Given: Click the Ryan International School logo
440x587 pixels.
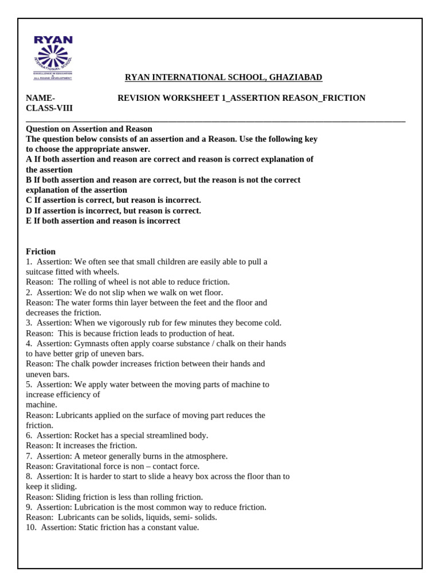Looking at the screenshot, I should click(x=53, y=58).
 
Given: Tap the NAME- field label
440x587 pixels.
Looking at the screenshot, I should click(x=41, y=98).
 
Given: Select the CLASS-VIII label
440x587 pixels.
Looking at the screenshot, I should click(x=49, y=108).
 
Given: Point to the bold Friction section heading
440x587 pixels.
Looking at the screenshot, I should click(x=41, y=252).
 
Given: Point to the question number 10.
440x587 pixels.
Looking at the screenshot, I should click(x=30, y=527).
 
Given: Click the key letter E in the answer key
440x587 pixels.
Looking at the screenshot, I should click(x=29, y=221).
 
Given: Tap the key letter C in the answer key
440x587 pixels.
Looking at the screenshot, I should click(x=29, y=200).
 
